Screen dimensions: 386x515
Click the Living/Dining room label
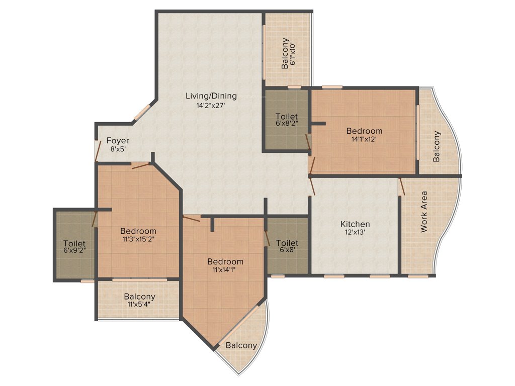point(211,96)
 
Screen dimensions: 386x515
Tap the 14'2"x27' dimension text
point(211,106)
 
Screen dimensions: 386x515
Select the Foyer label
point(117,141)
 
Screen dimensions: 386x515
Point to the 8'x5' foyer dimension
point(117,149)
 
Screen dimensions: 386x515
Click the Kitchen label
point(355,224)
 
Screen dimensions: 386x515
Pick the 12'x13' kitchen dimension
point(355,233)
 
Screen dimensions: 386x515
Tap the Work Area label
point(424,211)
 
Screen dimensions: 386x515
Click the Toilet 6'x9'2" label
point(74,245)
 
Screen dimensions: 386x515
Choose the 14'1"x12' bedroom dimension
point(364,140)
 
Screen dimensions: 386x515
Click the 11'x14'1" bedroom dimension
point(225,270)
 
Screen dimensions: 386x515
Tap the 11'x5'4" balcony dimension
point(139,304)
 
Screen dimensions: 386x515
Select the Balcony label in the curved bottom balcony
point(241,345)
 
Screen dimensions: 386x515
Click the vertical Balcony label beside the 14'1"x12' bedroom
point(436,146)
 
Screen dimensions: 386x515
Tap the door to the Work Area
point(402,186)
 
